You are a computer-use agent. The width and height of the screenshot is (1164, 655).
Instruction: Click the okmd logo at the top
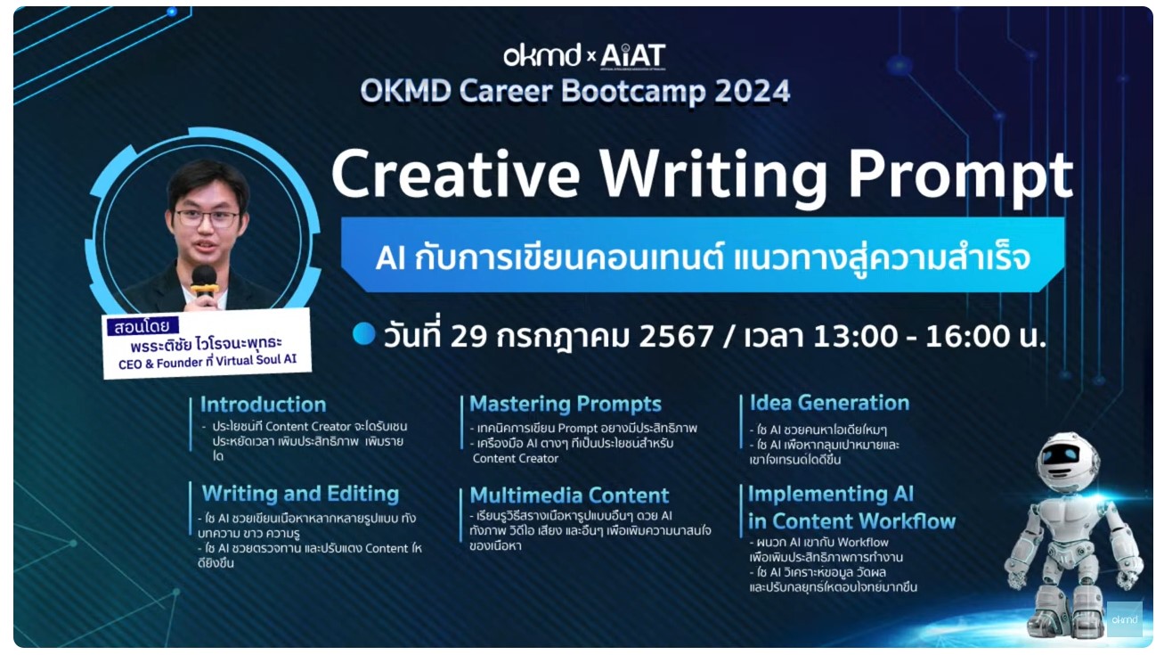pyautogui.click(x=541, y=56)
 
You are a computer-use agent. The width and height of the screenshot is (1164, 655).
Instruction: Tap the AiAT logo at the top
pyautogui.click(x=633, y=56)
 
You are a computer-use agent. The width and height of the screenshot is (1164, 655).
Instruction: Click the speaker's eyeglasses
pyautogui.click(x=207, y=217)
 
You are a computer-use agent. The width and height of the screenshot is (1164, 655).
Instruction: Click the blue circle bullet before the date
pyautogui.click(x=363, y=333)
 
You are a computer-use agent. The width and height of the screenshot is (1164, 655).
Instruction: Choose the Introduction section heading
pyautogui.click(x=263, y=405)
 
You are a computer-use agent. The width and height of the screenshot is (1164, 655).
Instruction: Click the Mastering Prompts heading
pyautogui.click(x=566, y=405)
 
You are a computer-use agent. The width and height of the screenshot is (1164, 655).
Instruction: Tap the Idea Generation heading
pyautogui.click(x=829, y=403)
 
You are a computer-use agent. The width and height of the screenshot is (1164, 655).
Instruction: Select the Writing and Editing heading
pyautogui.click(x=300, y=494)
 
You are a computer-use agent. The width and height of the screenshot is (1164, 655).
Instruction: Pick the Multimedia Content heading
pyautogui.click(x=569, y=495)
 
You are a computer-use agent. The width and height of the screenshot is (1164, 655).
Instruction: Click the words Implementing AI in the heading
pyautogui.click(x=830, y=494)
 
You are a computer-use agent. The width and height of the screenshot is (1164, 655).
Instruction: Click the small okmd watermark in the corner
pyautogui.click(x=1124, y=619)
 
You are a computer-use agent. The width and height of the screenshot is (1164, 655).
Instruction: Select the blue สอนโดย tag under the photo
pyautogui.click(x=142, y=325)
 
